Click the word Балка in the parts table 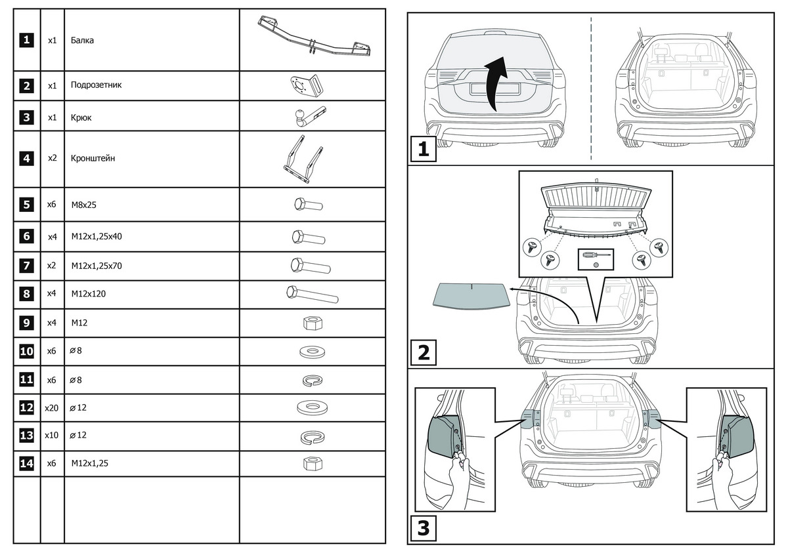click(83, 41)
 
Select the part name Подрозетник click(96, 85)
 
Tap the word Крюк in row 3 click(81, 117)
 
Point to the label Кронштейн click(93, 158)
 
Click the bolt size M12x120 click(89, 294)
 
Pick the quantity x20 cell click(52, 407)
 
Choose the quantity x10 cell click(52, 435)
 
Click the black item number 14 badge click(26, 463)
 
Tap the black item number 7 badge click(26, 266)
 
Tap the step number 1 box click(422, 150)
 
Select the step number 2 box click(422, 353)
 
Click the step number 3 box click(422, 528)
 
